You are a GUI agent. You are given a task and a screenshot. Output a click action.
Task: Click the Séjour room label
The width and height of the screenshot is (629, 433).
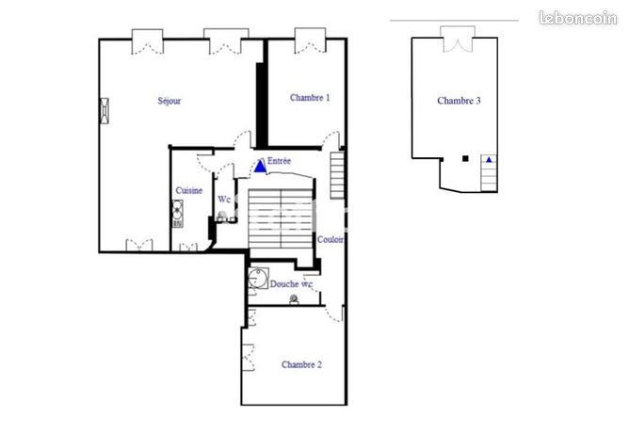coord(169,101)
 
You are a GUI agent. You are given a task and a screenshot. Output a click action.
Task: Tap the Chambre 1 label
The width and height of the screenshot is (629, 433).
coord(310,97)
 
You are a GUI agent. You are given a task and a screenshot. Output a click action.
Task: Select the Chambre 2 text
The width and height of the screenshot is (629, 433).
coord(301,364)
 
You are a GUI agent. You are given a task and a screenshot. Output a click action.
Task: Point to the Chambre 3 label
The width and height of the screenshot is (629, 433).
coord(460,101)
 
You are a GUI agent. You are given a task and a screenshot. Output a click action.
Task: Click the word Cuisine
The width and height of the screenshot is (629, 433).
coord(188,191)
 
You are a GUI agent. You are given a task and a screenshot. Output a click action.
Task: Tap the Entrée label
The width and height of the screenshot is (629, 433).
coord(280,162)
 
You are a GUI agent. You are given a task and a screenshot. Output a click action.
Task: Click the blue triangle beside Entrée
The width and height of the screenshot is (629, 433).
coord(260,166)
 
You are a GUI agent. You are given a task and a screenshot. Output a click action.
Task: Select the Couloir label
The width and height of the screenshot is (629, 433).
coord(330,240)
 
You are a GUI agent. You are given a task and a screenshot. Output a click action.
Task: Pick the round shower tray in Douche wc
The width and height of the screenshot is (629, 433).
coord(257,279)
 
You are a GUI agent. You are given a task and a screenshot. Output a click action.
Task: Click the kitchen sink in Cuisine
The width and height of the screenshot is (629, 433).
coord(176,210)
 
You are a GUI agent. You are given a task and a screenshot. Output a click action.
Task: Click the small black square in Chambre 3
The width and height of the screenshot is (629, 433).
coord(465,159)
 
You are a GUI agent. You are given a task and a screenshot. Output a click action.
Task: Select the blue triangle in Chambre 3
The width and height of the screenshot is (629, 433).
coord(489,161)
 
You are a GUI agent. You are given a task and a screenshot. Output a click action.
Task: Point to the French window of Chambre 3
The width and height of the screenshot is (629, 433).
coord(454,38)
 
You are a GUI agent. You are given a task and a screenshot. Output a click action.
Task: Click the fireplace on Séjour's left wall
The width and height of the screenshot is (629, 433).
coord(105,110)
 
